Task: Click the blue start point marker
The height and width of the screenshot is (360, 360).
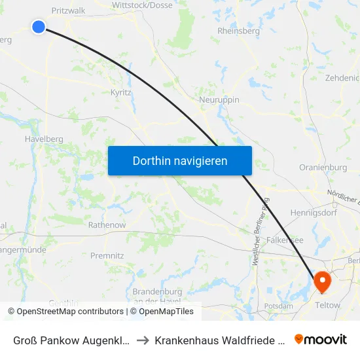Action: [39, 26]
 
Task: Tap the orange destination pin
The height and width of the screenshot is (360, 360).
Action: [322, 281]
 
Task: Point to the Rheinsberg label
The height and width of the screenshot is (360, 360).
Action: [238, 31]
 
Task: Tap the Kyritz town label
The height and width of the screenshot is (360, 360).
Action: [121, 93]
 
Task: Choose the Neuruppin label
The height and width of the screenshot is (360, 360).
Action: [219, 99]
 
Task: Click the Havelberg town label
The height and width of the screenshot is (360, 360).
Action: [43, 139]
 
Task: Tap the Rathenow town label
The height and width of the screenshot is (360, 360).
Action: [107, 225]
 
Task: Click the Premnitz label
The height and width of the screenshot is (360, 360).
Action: [107, 255]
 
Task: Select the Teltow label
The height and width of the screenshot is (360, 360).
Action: [328, 305]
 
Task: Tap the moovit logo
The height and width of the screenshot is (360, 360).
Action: [321, 339]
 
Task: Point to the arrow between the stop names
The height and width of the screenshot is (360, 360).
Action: [143, 340]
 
